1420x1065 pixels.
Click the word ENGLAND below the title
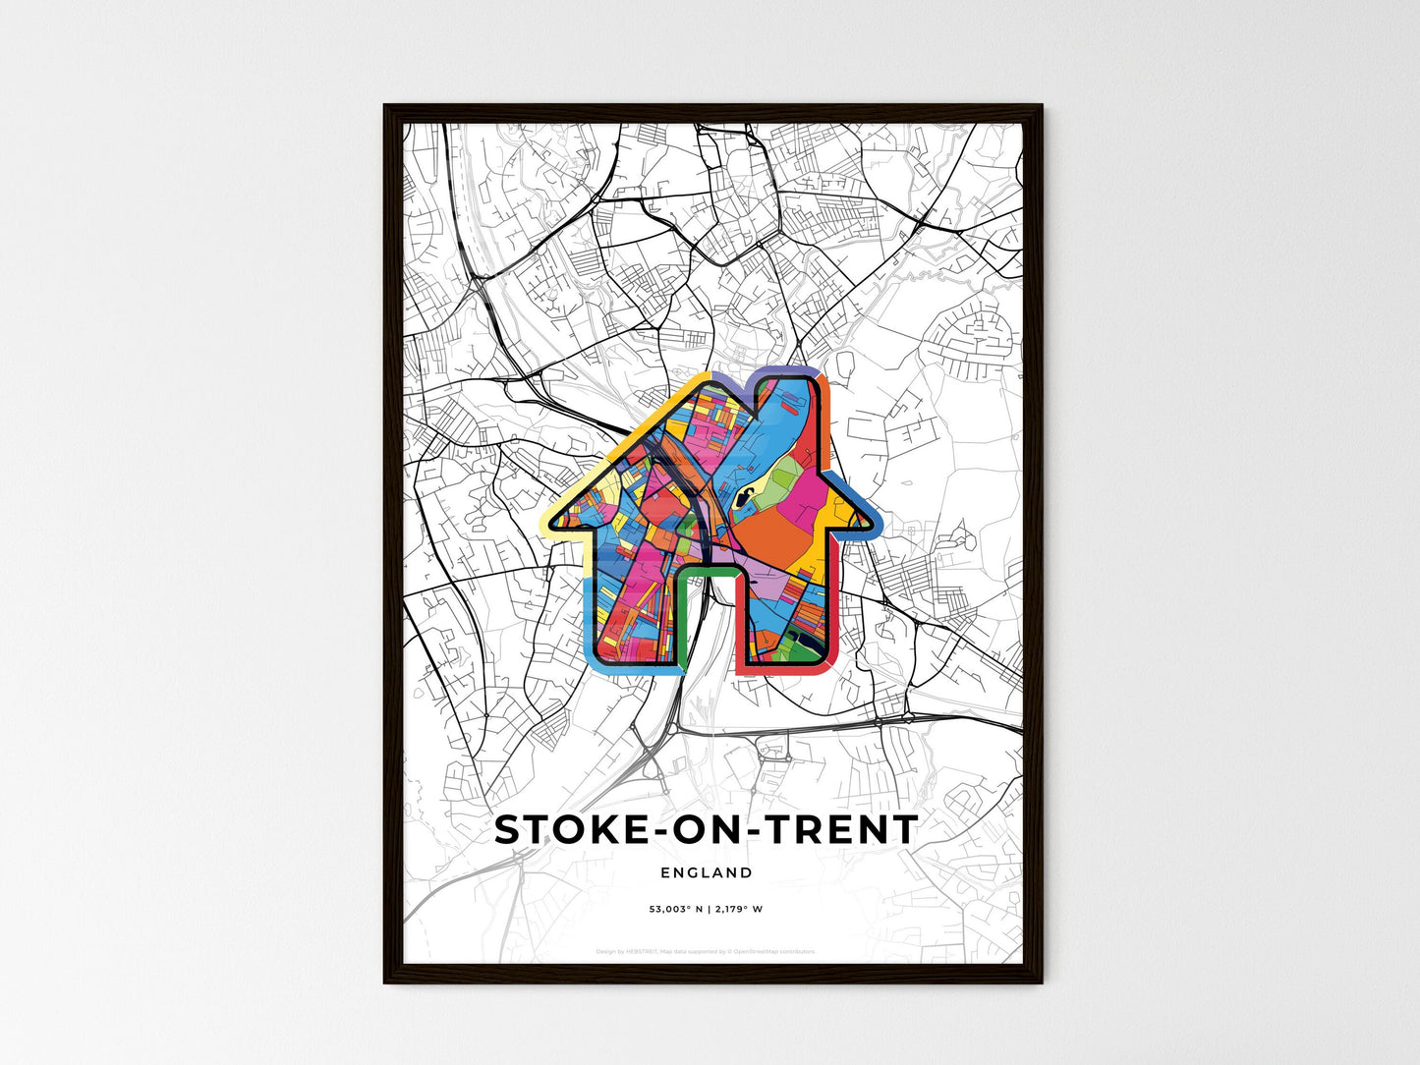[x=707, y=872]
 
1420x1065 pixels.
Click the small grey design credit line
[x=706, y=951]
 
